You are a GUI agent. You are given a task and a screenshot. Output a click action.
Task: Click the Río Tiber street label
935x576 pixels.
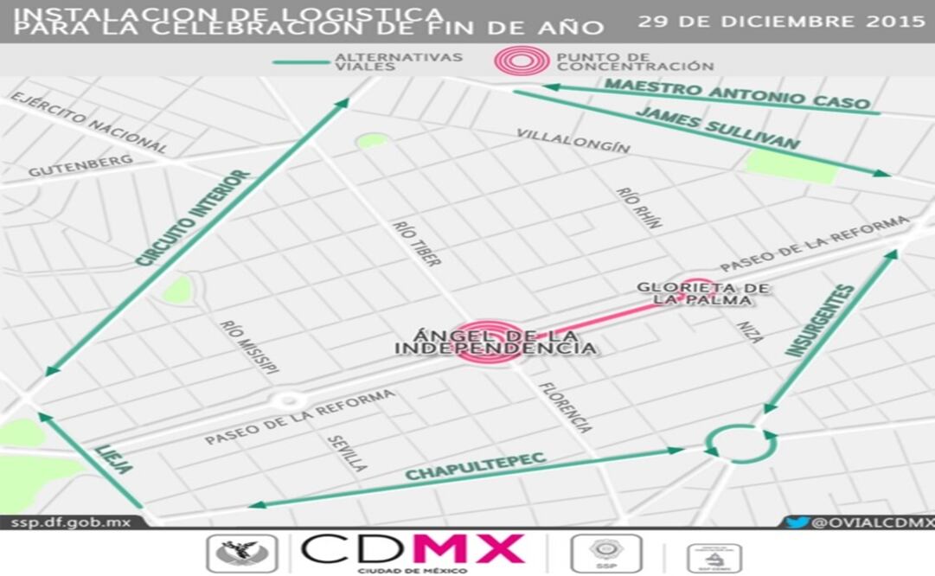[416, 243]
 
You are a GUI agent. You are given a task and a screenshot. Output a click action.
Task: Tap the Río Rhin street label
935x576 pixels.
[639, 208]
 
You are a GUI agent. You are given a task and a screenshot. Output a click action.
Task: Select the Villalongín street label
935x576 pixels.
[573, 140]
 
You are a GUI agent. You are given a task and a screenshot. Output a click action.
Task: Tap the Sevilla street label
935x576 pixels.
[347, 452]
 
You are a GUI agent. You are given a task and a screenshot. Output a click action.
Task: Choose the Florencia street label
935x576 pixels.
[566, 406]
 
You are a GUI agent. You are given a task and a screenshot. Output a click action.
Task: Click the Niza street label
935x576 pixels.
[750, 332]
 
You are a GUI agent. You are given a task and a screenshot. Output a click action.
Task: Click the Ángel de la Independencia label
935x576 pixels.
[495, 342]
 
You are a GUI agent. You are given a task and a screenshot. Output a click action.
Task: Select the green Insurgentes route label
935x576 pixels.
[819, 321]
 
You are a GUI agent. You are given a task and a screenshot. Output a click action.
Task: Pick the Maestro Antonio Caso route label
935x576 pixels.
[737, 93]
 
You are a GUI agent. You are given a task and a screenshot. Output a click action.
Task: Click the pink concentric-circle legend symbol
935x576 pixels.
[521, 61]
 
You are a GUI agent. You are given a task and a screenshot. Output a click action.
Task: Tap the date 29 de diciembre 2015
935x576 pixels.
[781, 22]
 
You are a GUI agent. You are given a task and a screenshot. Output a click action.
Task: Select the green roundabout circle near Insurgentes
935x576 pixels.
[740, 444]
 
